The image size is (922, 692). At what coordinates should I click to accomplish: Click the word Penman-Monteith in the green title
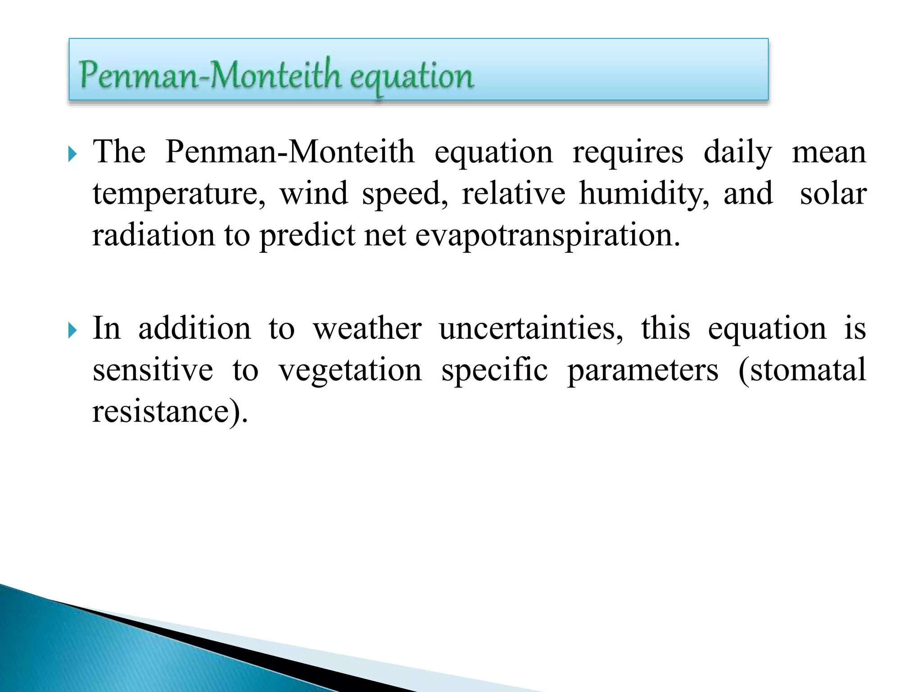(210, 75)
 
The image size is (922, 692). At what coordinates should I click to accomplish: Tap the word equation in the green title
(411, 77)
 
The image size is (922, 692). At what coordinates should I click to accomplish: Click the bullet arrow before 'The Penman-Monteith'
(72, 155)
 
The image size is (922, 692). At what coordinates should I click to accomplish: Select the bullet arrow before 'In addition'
(72, 331)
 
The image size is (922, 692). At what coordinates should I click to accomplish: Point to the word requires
(628, 152)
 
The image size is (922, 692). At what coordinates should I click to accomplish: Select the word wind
(314, 194)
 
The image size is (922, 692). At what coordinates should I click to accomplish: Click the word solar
(833, 194)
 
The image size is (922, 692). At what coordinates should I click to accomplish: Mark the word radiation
(154, 235)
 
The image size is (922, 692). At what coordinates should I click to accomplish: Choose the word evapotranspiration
(547, 236)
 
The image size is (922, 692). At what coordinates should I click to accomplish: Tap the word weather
(367, 328)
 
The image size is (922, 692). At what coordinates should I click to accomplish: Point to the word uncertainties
(531, 328)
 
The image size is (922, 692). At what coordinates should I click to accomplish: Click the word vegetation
(350, 371)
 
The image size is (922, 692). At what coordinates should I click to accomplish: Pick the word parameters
(642, 371)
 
